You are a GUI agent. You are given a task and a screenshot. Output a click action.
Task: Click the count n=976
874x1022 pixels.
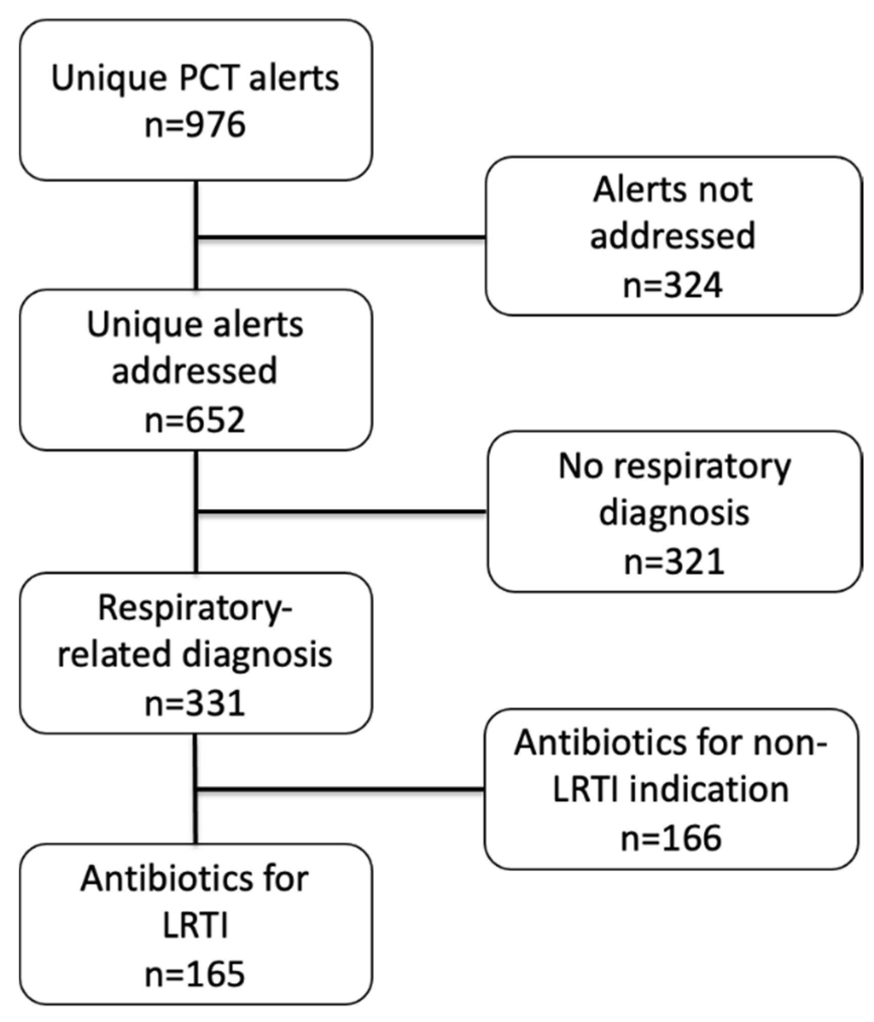[x=195, y=125]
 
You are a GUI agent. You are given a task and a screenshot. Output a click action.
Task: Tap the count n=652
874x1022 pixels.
[x=195, y=420]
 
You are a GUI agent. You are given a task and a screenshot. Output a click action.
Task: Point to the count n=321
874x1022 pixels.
[x=675, y=561]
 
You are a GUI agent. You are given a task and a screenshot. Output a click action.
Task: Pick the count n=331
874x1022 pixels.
[x=195, y=703]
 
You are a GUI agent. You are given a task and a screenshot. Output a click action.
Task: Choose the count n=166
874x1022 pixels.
[x=671, y=838]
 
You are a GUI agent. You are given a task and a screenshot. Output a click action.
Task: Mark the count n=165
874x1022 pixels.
[x=195, y=974]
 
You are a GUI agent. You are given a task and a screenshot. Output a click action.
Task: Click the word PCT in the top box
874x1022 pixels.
[x=207, y=78]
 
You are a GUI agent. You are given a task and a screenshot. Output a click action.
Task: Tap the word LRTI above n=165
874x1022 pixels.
[x=195, y=926]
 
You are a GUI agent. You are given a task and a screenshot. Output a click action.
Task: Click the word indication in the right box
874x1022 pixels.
[x=708, y=790]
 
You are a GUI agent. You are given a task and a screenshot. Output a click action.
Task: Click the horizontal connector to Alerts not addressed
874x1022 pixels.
[x=341, y=237]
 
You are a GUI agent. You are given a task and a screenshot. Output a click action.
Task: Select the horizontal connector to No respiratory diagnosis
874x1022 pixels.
[x=341, y=512]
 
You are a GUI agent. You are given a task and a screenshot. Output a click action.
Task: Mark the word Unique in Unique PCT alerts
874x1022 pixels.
[x=109, y=78]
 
